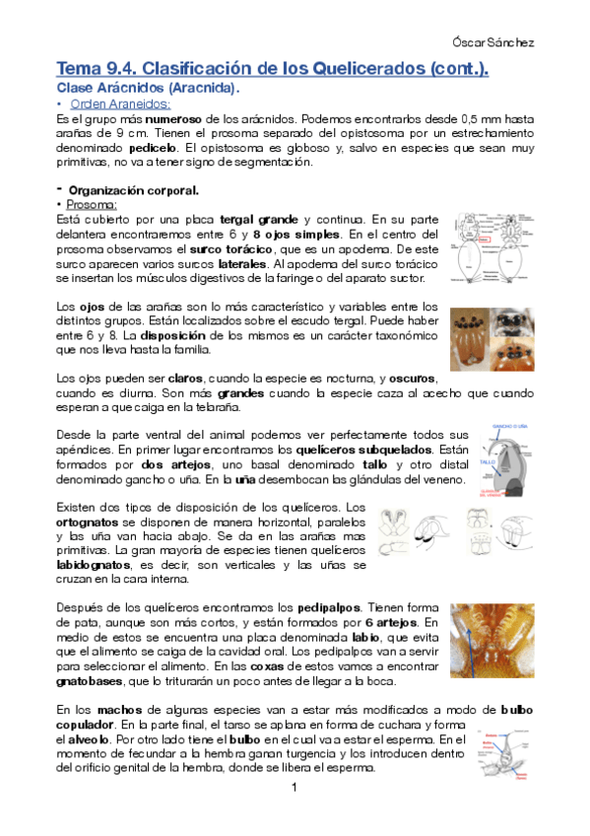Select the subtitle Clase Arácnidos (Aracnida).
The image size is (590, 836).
(148, 89)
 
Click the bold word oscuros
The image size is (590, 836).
(414, 379)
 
